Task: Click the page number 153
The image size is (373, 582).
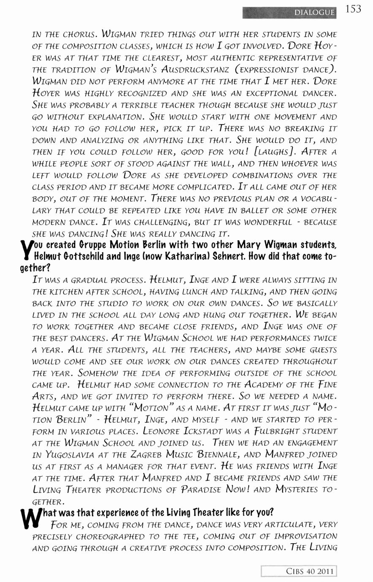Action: [353, 9]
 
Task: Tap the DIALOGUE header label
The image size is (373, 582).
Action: [314, 13]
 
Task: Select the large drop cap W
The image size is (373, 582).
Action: [30, 518]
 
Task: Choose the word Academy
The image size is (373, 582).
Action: [280, 385]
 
